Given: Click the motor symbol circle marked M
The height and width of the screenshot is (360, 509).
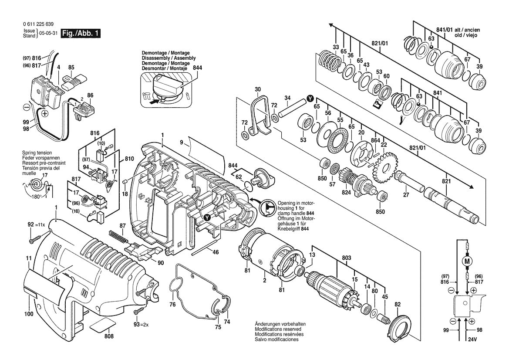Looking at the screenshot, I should pos(468,262).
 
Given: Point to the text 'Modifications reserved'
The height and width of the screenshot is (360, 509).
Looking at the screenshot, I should pos(280,329).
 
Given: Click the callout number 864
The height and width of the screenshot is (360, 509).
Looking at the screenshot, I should pos(375,140).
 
